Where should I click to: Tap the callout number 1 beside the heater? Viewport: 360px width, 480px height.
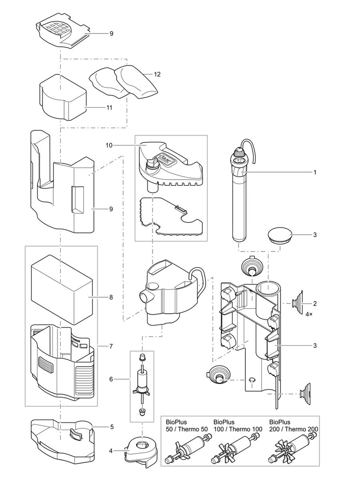click(x=315, y=172)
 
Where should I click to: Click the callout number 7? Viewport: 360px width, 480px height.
click(x=111, y=345)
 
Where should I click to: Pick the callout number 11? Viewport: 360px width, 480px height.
click(x=109, y=108)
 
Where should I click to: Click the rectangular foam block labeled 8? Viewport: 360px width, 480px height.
click(x=62, y=290)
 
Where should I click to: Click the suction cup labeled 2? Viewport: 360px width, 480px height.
click(x=298, y=303)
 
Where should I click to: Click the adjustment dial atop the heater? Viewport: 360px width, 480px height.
click(x=239, y=152)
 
